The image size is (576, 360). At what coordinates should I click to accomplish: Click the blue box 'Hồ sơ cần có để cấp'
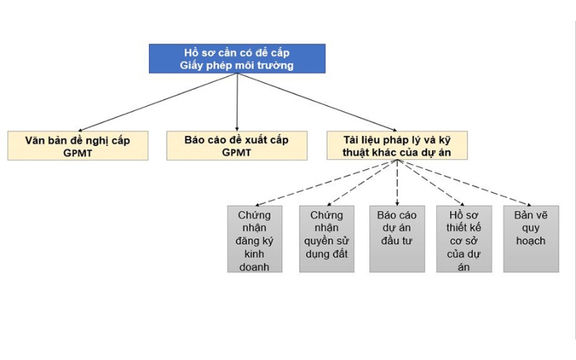click(x=237, y=58)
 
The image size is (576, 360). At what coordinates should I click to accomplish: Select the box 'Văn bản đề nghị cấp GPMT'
click(x=77, y=145)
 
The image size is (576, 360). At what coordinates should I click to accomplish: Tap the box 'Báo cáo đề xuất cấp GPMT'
click(x=237, y=145)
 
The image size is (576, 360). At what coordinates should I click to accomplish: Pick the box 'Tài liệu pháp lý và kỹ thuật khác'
click(x=397, y=145)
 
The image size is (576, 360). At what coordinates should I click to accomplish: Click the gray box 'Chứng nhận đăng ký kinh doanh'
click(x=255, y=239)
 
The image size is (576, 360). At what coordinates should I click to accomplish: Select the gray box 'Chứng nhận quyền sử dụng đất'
click(x=327, y=239)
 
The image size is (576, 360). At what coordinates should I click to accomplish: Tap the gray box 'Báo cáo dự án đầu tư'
click(x=397, y=239)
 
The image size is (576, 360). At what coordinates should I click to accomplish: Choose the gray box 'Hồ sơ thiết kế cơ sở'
click(x=464, y=239)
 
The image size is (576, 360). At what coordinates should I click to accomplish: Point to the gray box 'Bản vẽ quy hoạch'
click(x=531, y=239)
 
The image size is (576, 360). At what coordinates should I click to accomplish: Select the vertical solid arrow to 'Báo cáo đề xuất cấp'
click(x=237, y=102)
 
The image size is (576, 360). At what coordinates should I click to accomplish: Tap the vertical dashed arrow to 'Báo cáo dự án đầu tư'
click(x=397, y=183)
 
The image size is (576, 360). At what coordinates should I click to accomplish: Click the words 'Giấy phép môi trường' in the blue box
click(x=237, y=66)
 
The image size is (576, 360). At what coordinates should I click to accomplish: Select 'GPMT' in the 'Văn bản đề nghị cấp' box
click(x=77, y=153)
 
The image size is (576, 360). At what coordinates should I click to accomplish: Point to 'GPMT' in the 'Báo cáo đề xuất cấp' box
click(x=237, y=153)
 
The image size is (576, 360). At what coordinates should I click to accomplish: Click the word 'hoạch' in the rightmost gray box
click(x=531, y=240)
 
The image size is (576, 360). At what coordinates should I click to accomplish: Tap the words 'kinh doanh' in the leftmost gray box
click(x=255, y=261)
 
